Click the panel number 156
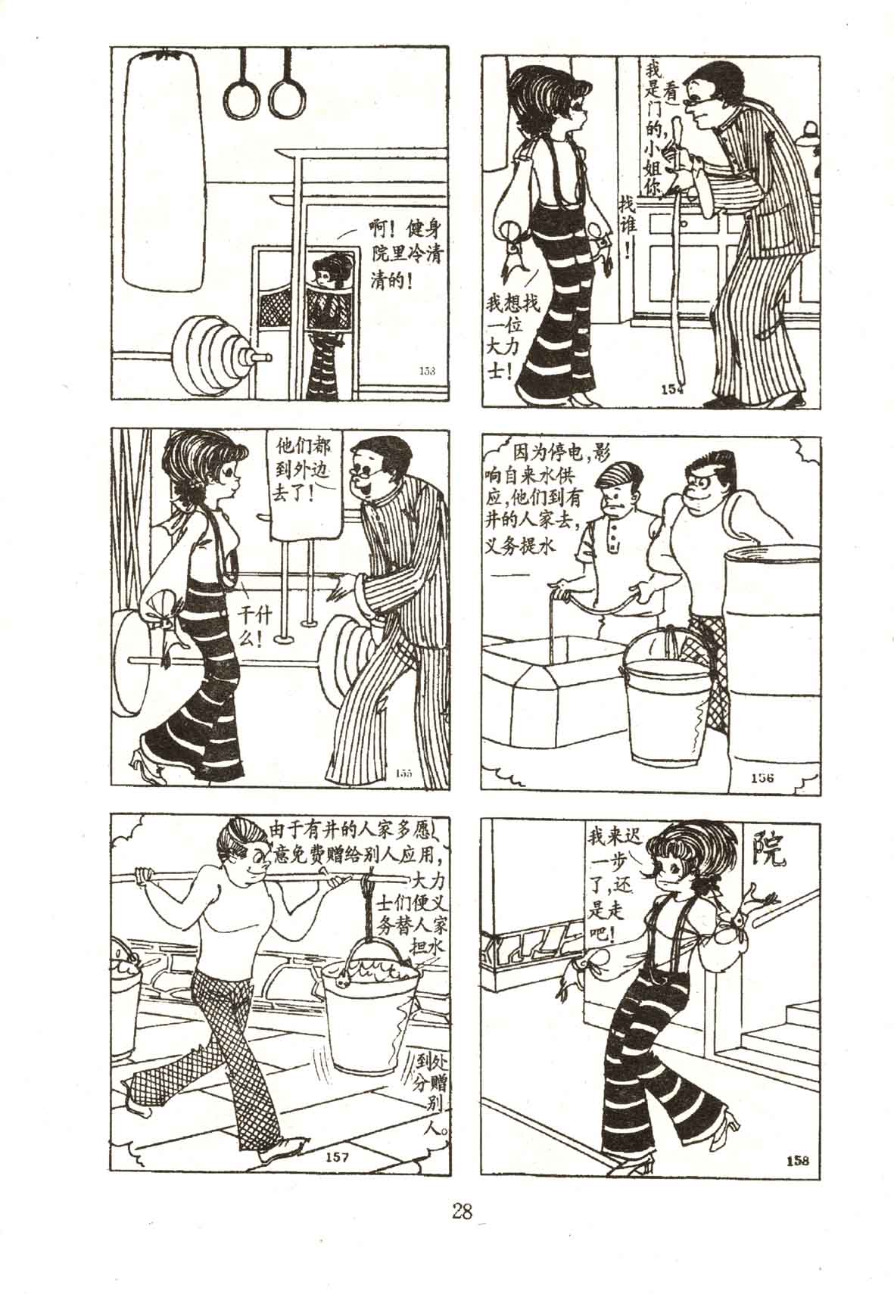(762, 778)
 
